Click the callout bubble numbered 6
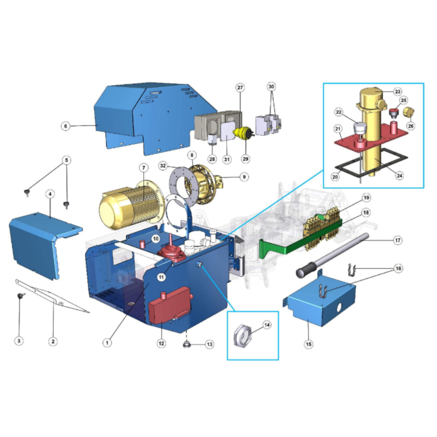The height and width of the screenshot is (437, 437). tap(66, 126)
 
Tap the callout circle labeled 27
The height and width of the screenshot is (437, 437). tap(240, 87)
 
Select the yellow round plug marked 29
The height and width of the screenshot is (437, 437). tap(242, 133)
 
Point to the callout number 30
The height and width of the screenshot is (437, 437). tap(271, 87)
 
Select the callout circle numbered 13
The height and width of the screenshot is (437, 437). tap(209, 344)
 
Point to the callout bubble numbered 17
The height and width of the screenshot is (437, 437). tap(398, 240)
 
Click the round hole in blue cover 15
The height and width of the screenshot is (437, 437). tap(339, 307)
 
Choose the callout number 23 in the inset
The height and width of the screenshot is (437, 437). tap(397, 91)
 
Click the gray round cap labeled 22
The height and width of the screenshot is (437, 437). tap(361, 127)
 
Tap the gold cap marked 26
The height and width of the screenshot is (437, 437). tap(409, 112)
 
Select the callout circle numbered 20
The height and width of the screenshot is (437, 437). tap(335, 177)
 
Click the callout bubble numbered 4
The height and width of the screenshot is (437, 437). tap(50, 194)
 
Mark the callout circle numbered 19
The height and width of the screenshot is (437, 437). tap(366, 198)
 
